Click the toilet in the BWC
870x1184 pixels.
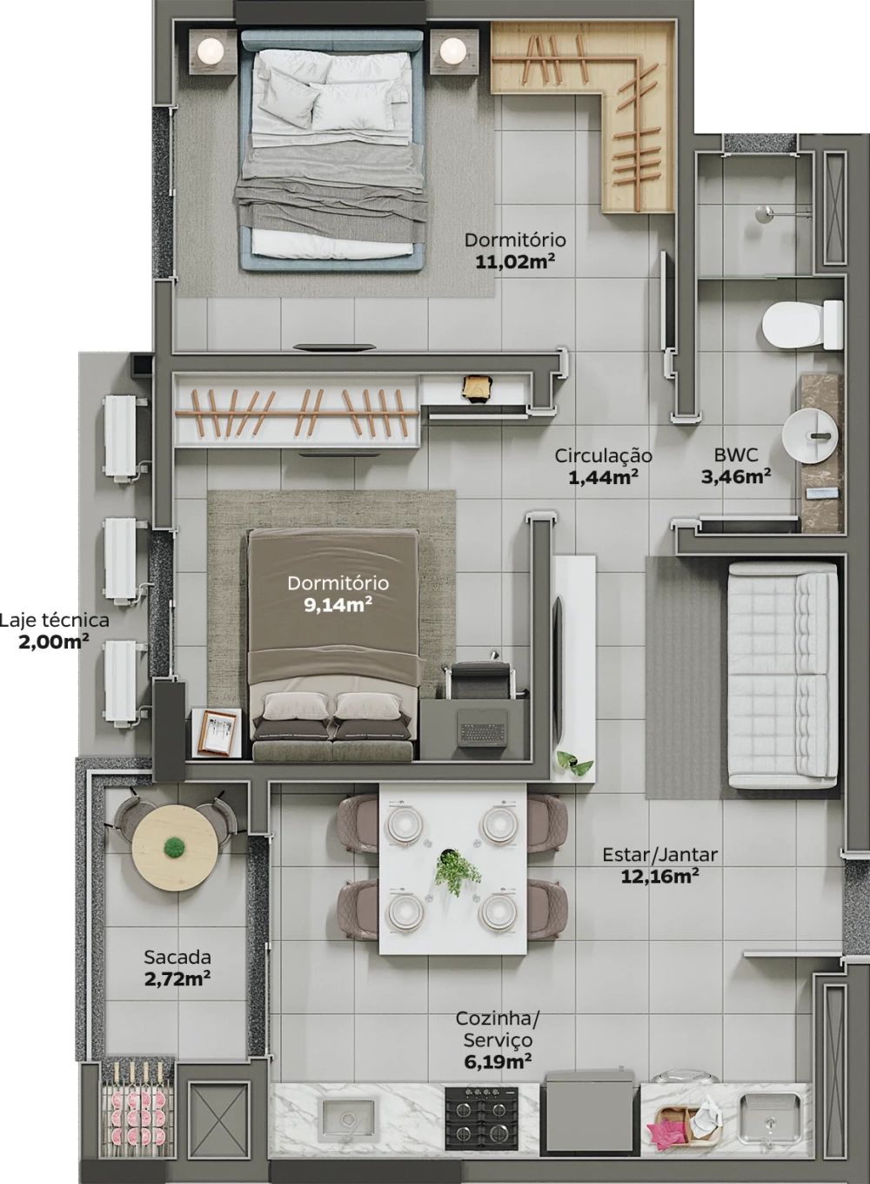tap(802, 325)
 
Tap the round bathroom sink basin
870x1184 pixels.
tap(810, 437)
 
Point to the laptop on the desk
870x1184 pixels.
tap(482, 727)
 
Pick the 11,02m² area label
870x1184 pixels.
tap(514, 262)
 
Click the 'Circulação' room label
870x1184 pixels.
tap(603, 455)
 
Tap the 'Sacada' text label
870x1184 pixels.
tap(177, 957)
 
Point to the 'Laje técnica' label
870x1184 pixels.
tap(54, 620)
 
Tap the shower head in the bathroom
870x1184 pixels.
tap(763, 213)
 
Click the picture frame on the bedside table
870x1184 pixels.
tap(217, 733)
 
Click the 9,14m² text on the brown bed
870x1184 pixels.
tap(338, 605)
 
